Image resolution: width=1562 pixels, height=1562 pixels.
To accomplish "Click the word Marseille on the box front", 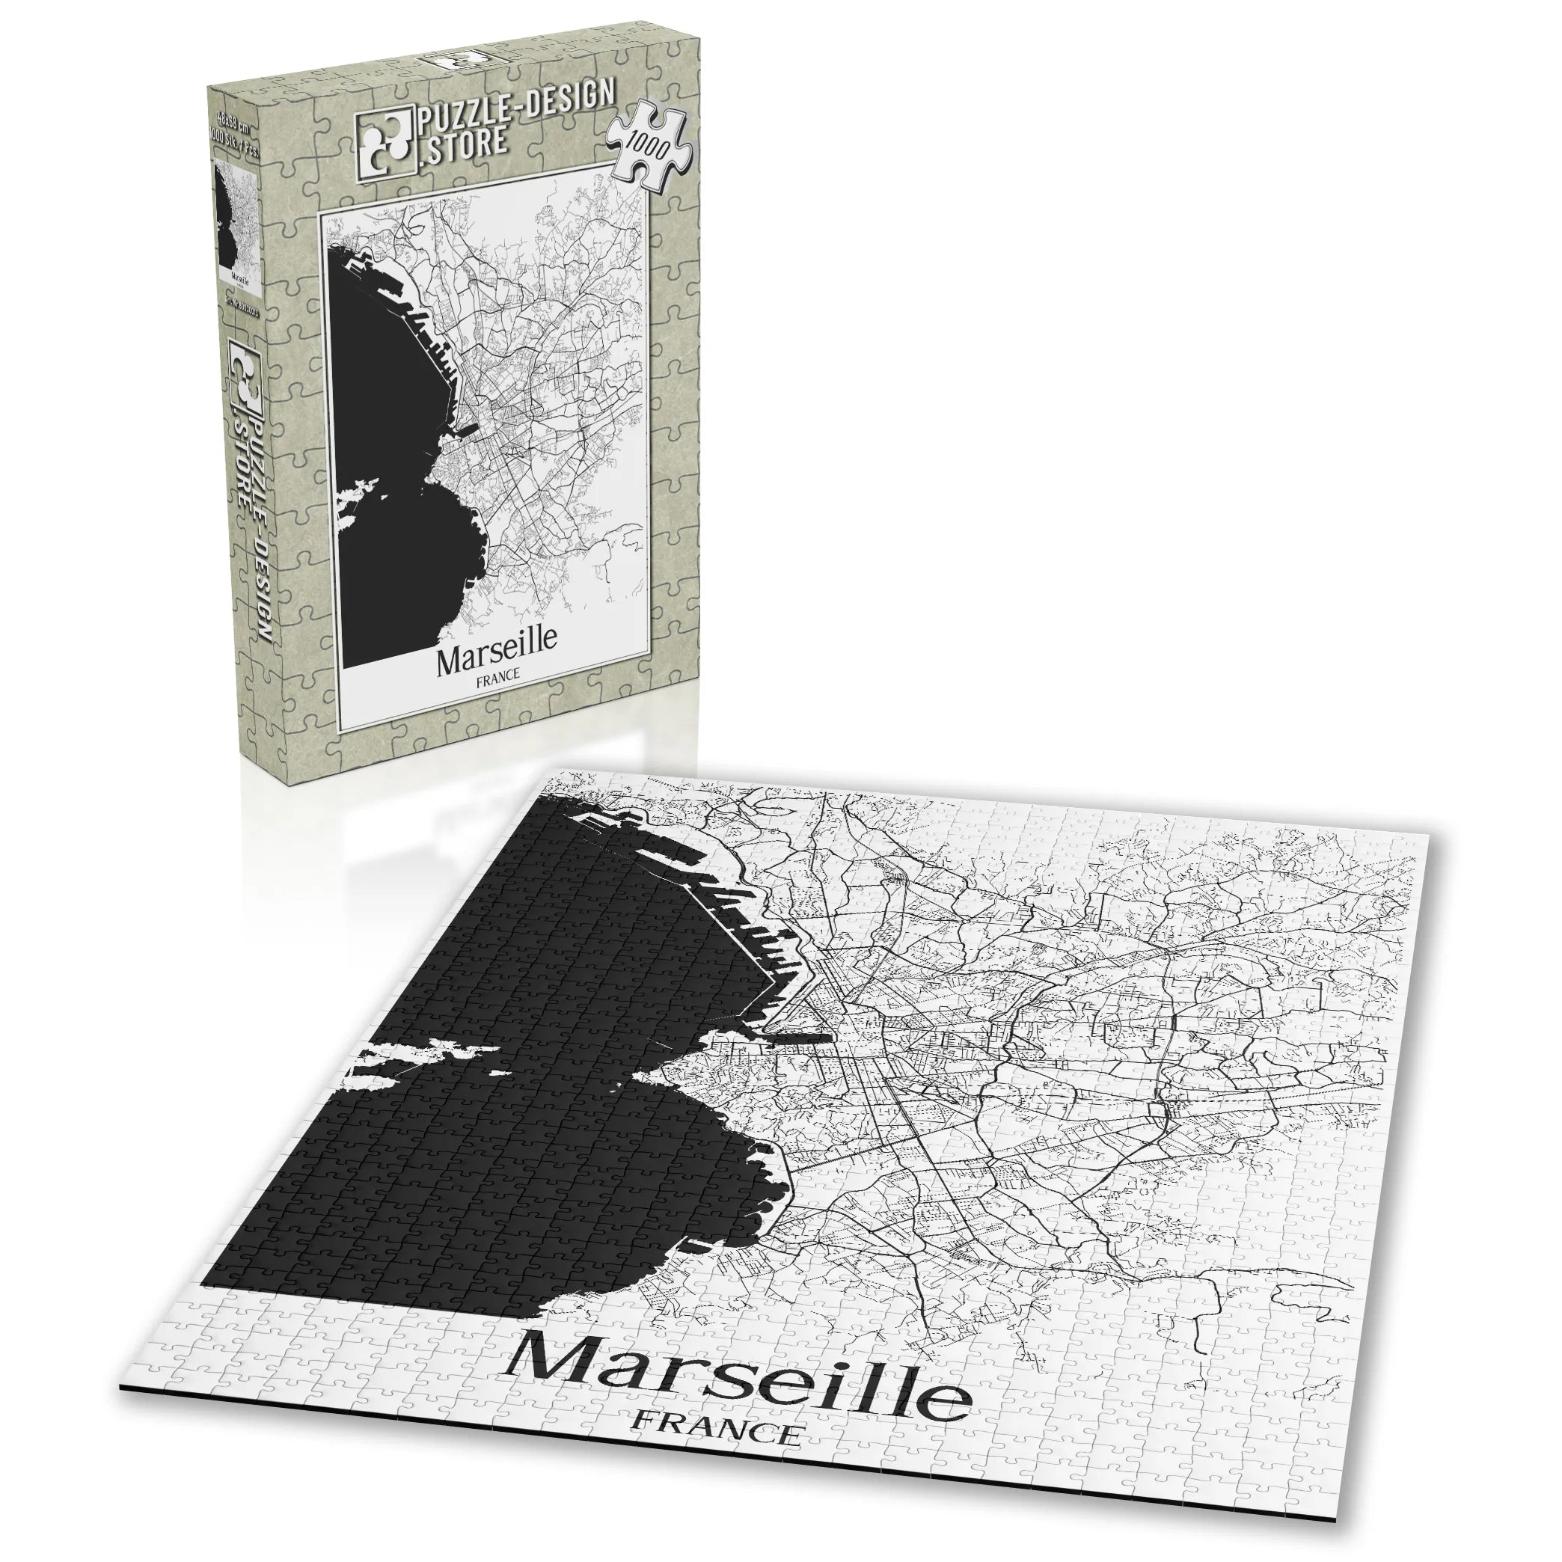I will pos(497,661).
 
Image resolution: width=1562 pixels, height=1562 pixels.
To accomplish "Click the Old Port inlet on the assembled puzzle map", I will pos(797,1039).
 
